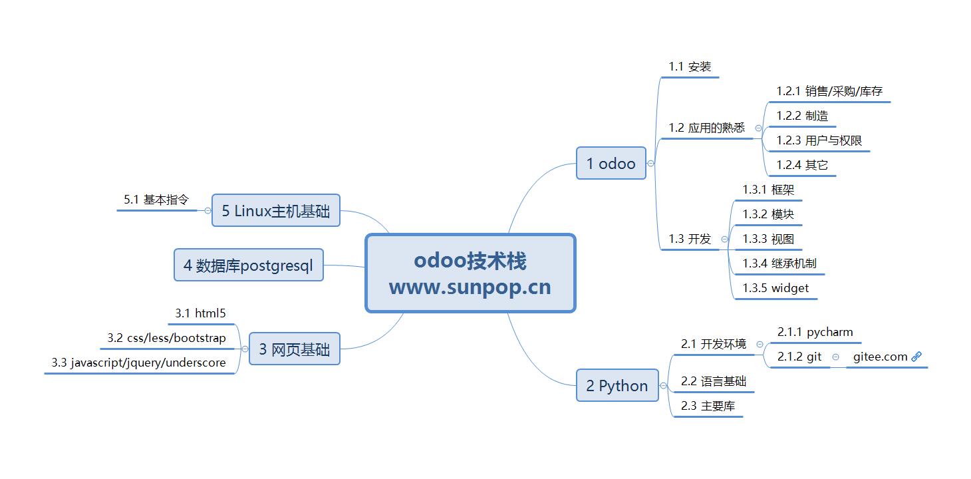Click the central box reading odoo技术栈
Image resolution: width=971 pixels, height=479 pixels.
click(470, 261)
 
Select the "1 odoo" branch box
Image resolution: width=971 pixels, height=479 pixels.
click(611, 164)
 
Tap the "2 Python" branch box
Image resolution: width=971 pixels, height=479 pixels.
click(617, 386)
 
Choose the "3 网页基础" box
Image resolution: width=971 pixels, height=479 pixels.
click(294, 349)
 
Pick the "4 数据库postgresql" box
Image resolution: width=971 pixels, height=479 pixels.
click(248, 265)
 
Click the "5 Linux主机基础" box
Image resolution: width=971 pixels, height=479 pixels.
click(275, 211)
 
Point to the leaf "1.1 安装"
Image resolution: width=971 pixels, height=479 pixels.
click(690, 67)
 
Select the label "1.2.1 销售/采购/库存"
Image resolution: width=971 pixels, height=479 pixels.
click(829, 91)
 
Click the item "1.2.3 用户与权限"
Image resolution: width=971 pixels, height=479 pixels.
click(819, 140)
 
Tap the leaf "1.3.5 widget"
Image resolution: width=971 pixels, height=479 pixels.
click(775, 288)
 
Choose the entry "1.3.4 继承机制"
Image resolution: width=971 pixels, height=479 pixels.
click(779, 263)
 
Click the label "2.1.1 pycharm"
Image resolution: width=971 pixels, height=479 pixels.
click(815, 332)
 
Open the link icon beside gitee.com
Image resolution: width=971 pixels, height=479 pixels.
click(916, 357)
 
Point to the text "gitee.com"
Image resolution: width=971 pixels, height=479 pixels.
click(880, 357)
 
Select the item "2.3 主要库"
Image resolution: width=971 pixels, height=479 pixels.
click(708, 406)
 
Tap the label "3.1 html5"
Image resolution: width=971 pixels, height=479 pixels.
click(201, 313)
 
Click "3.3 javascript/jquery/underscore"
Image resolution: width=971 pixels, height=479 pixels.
click(138, 363)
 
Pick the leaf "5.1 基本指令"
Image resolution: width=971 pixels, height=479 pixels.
click(156, 200)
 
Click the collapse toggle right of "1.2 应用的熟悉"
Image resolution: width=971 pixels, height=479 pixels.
click(758, 128)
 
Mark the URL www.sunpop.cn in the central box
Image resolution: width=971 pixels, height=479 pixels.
click(470, 287)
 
